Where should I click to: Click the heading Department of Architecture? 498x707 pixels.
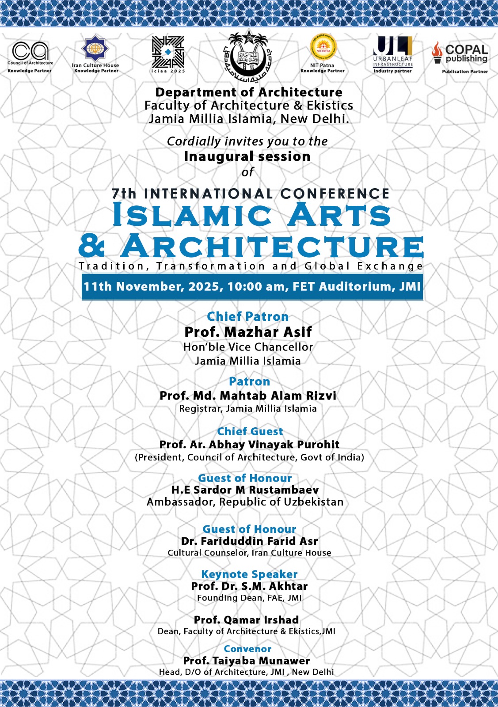pyautogui.click(x=249, y=92)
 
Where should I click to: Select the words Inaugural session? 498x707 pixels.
pyautogui.click(x=247, y=156)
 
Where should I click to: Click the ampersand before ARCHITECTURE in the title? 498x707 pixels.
pyautogui.click(x=92, y=247)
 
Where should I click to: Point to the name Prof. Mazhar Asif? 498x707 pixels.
pyautogui.click(x=248, y=332)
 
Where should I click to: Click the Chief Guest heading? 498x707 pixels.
pyautogui.click(x=250, y=431)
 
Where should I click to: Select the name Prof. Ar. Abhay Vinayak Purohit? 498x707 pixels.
pyautogui.click(x=249, y=445)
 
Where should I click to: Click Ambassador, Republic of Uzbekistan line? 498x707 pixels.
pyautogui.click(x=245, y=502)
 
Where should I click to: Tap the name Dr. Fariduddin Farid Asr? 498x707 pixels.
pyautogui.click(x=249, y=541)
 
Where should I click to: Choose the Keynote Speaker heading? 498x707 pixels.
pyautogui.click(x=249, y=574)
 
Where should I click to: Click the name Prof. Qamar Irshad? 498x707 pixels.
pyautogui.click(x=247, y=620)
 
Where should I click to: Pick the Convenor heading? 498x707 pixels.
pyautogui.click(x=247, y=649)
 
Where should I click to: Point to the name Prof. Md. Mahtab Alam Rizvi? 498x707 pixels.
pyautogui.click(x=248, y=395)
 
